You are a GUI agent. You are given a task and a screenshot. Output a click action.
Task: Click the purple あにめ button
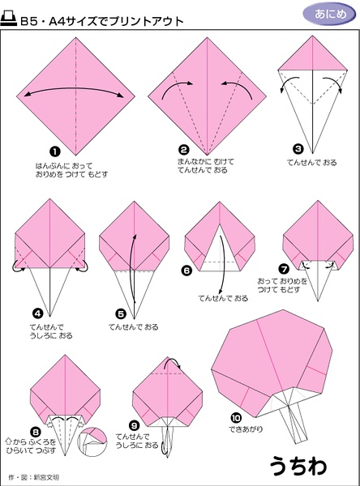pos(329,15)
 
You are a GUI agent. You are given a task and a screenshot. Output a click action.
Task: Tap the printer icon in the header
pos(9,19)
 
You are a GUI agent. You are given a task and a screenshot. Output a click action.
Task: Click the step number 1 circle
pos(55,152)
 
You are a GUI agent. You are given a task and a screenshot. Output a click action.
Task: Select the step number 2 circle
pos(184,150)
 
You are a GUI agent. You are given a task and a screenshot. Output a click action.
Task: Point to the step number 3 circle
pos(298,149)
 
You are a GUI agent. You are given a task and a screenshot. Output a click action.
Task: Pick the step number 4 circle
pos(37,313)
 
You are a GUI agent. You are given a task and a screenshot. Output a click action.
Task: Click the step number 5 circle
pos(121,314)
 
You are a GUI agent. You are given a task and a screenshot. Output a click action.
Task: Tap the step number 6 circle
pos(186,271)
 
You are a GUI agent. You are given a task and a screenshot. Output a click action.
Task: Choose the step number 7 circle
pos(284,269)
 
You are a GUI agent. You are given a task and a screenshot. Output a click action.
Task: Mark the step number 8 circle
pos(36,432)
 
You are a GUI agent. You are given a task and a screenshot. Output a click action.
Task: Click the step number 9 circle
pos(134,426)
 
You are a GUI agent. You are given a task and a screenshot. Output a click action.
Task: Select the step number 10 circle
pos(236,418)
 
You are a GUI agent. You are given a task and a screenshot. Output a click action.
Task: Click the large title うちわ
pos(298,466)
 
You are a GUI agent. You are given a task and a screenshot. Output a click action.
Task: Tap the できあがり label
pos(246,429)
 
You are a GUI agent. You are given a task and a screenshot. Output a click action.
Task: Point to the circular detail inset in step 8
pos(92,441)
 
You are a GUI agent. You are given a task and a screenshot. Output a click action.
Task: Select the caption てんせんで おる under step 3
pos(311,163)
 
